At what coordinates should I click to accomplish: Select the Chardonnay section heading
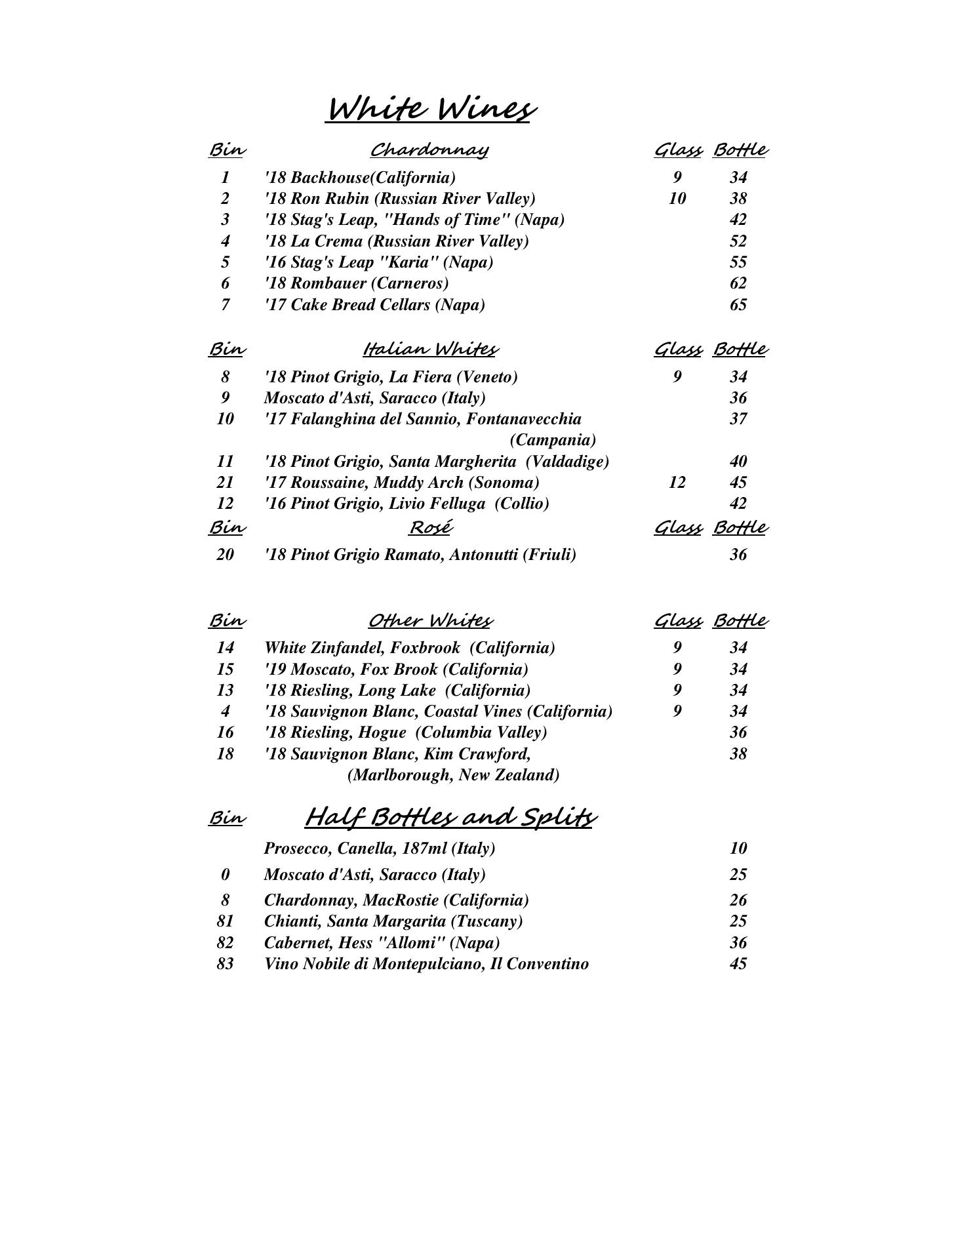click(x=429, y=150)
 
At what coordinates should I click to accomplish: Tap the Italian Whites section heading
click(x=430, y=349)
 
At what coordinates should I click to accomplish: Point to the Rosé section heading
click(x=431, y=527)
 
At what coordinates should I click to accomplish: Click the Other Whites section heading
click(x=430, y=620)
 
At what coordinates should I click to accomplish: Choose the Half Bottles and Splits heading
click(x=450, y=818)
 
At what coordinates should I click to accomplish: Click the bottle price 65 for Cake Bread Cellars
click(x=738, y=305)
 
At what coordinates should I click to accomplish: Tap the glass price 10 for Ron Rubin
click(x=677, y=198)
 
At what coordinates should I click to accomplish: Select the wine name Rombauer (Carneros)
click(x=357, y=283)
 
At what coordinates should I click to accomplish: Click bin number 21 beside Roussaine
click(x=225, y=483)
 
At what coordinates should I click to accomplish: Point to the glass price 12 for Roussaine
click(x=677, y=483)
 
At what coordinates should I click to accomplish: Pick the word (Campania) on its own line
click(x=553, y=439)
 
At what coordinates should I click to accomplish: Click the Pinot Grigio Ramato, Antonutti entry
click(x=420, y=555)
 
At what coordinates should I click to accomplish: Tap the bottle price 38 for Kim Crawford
click(x=738, y=754)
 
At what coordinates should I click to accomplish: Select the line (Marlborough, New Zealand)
click(x=453, y=775)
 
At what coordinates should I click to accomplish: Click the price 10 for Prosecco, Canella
click(x=738, y=849)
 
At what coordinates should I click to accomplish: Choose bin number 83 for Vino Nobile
click(x=225, y=964)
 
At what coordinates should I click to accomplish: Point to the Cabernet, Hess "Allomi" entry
click(x=382, y=943)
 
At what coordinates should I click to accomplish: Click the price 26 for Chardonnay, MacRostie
click(x=738, y=900)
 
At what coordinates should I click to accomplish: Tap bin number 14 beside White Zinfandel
click(x=225, y=648)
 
